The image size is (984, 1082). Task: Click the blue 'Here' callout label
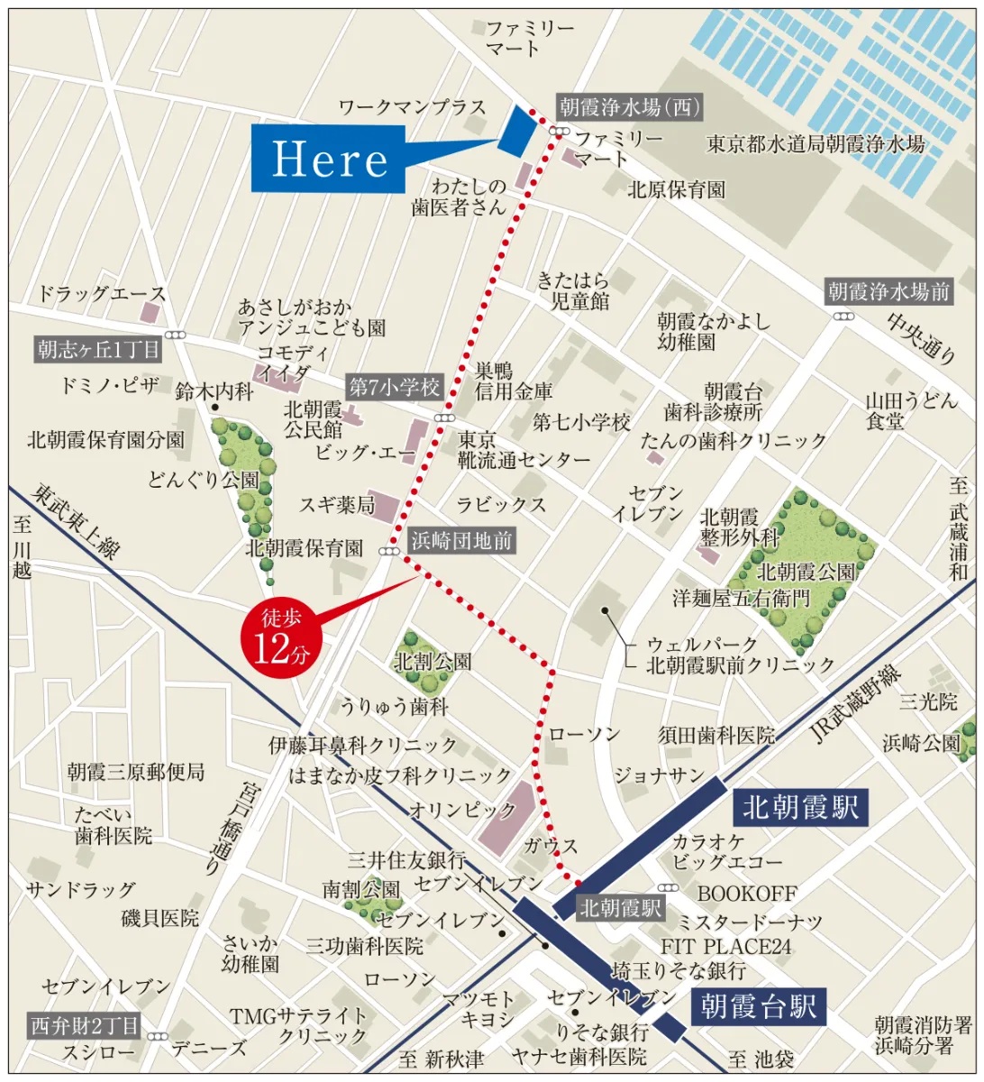pyautogui.click(x=328, y=159)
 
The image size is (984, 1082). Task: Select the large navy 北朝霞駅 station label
pyautogui.click(x=799, y=807)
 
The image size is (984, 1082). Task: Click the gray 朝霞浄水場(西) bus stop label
pyautogui.click(x=628, y=107)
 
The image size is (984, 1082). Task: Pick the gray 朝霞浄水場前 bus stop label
pyautogui.click(x=888, y=291)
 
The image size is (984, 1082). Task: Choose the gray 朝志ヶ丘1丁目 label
pyautogui.click(x=98, y=349)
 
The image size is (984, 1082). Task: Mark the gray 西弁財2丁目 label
pyautogui.click(x=86, y=1025)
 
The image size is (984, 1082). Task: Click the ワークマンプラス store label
pyautogui.click(x=412, y=107)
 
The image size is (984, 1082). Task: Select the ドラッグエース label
pyautogui.click(x=102, y=293)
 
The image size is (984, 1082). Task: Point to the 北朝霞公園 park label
pyautogui.click(x=806, y=571)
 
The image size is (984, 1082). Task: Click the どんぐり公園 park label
pyautogui.click(x=203, y=480)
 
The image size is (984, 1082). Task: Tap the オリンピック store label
pyautogui.click(x=451, y=809)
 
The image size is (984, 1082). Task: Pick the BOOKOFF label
pyautogui.click(x=747, y=894)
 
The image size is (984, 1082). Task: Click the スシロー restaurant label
pyautogui.click(x=98, y=1051)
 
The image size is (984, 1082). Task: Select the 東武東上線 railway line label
pyautogui.click(x=77, y=520)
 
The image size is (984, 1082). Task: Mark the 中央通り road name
pyautogui.click(x=920, y=338)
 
